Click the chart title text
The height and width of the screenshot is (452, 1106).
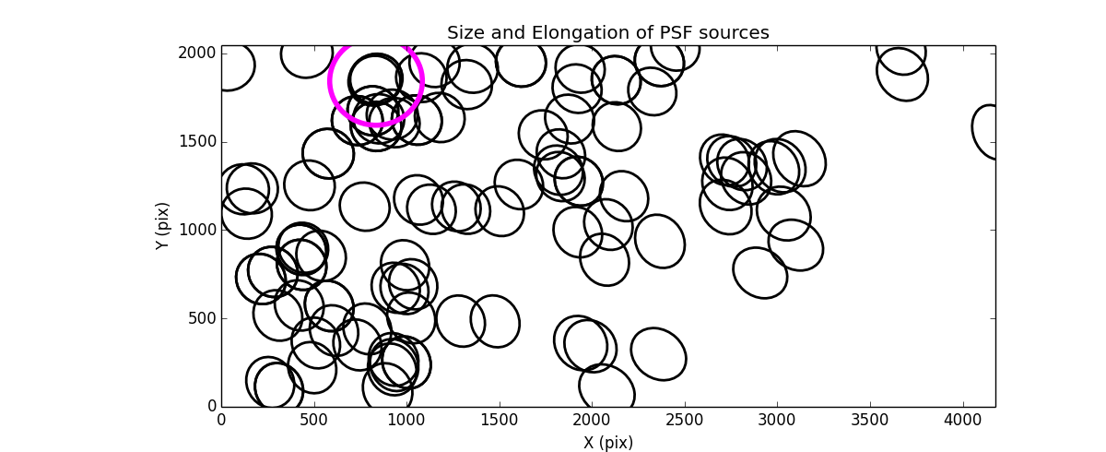pyautogui.click(x=607, y=33)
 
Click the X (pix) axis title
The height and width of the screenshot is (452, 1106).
pyautogui.click(x=607, y=442)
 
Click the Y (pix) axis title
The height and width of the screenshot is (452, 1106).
pyautogui.click(x=163, y=226)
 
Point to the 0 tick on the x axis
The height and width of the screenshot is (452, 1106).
pyautogui.click(x=221, y=421)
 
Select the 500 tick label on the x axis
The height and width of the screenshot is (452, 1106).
pyautogui.click(x=314, y=421)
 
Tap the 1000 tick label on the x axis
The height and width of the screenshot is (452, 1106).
pyautogui.click(x=406, y=421)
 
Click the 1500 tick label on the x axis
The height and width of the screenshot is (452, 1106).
pyautogui.click(x=500, y=421)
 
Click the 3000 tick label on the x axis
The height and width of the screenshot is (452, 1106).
pyautogui.click(x=778, y=421)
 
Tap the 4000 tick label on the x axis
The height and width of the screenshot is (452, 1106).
pyautogui.click(x=964, y=421)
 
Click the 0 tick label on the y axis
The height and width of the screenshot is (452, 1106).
pyautogui.click(x=210, y=407)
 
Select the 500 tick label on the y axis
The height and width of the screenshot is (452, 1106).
pyautogui.click(x=202, y=318)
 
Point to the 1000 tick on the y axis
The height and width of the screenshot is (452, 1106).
pyautogui.click(x=198, y=230)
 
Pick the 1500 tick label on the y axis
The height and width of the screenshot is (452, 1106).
pyautogui.click(x=198, y=141)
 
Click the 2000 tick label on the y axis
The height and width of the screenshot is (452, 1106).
pyautogui.click(x=198, y=54)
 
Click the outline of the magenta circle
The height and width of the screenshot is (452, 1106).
pyautogui.click(x=422, y=81)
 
